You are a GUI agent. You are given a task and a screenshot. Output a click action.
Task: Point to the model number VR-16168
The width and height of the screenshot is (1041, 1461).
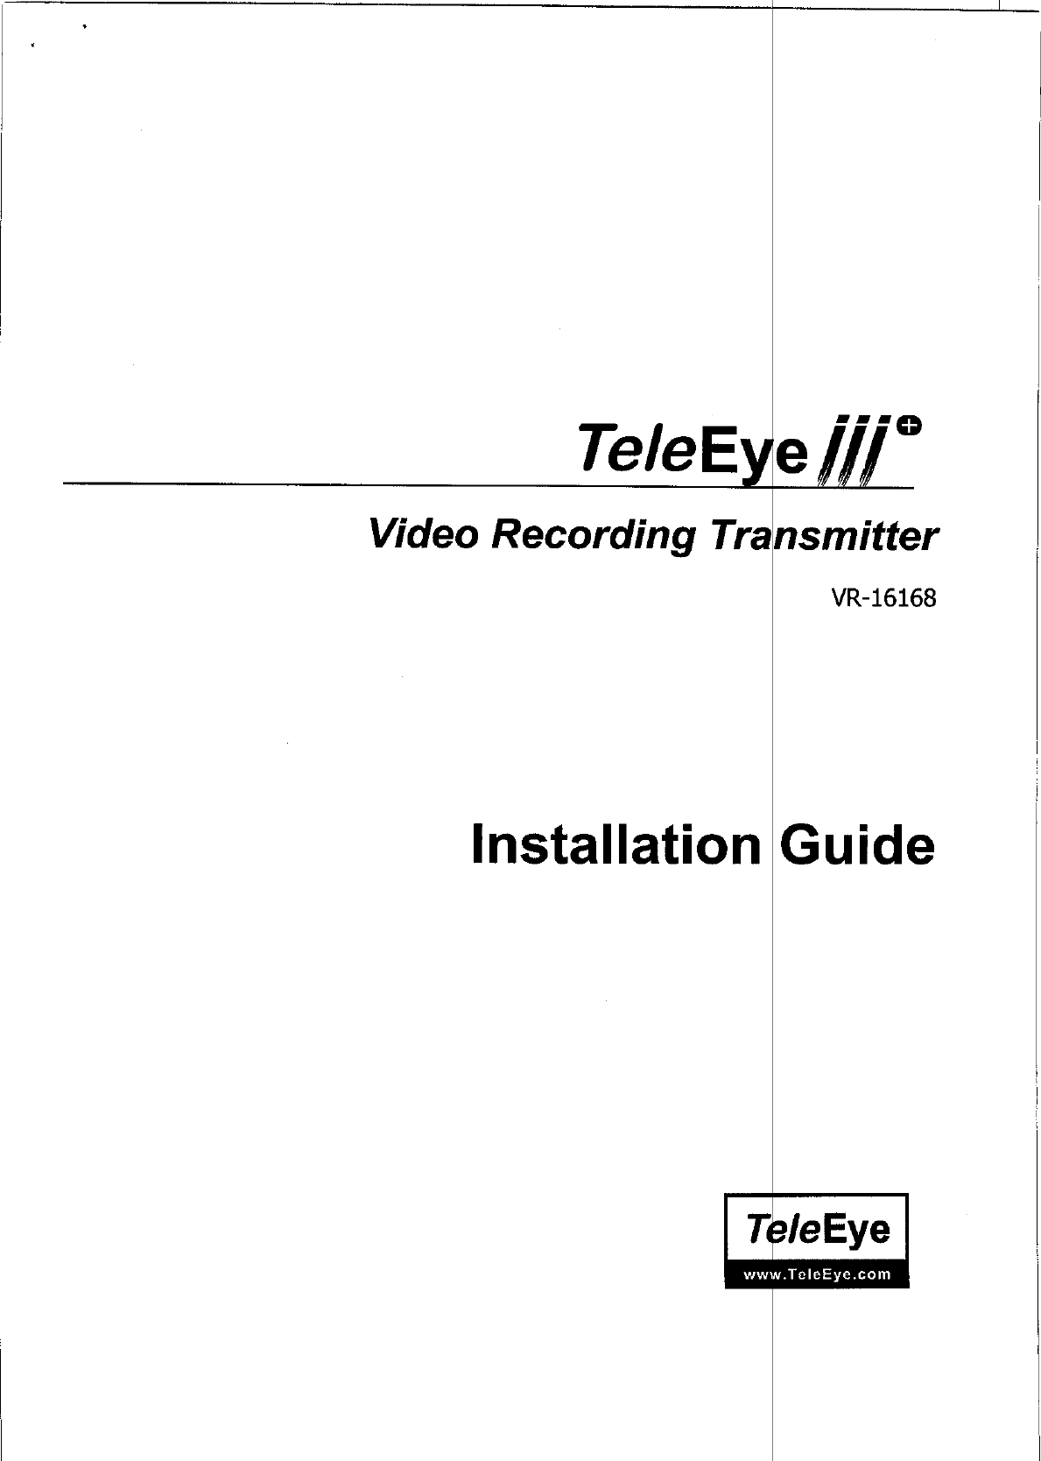click(883, 599)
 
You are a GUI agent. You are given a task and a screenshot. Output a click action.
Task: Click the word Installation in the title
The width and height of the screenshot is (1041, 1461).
click(615, 845)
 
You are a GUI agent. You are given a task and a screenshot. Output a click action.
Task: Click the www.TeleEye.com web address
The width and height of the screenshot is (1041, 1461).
click(817, 1274)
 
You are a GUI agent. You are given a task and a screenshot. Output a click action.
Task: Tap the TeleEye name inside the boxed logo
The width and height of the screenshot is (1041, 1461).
click(817, 1230)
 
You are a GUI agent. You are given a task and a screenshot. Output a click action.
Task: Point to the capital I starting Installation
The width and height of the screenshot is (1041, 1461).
click(478, 845)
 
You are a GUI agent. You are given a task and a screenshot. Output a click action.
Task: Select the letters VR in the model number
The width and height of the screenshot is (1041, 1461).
click(844, 599)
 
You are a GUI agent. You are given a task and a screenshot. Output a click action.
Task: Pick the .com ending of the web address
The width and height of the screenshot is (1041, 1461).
click(874, 1274)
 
